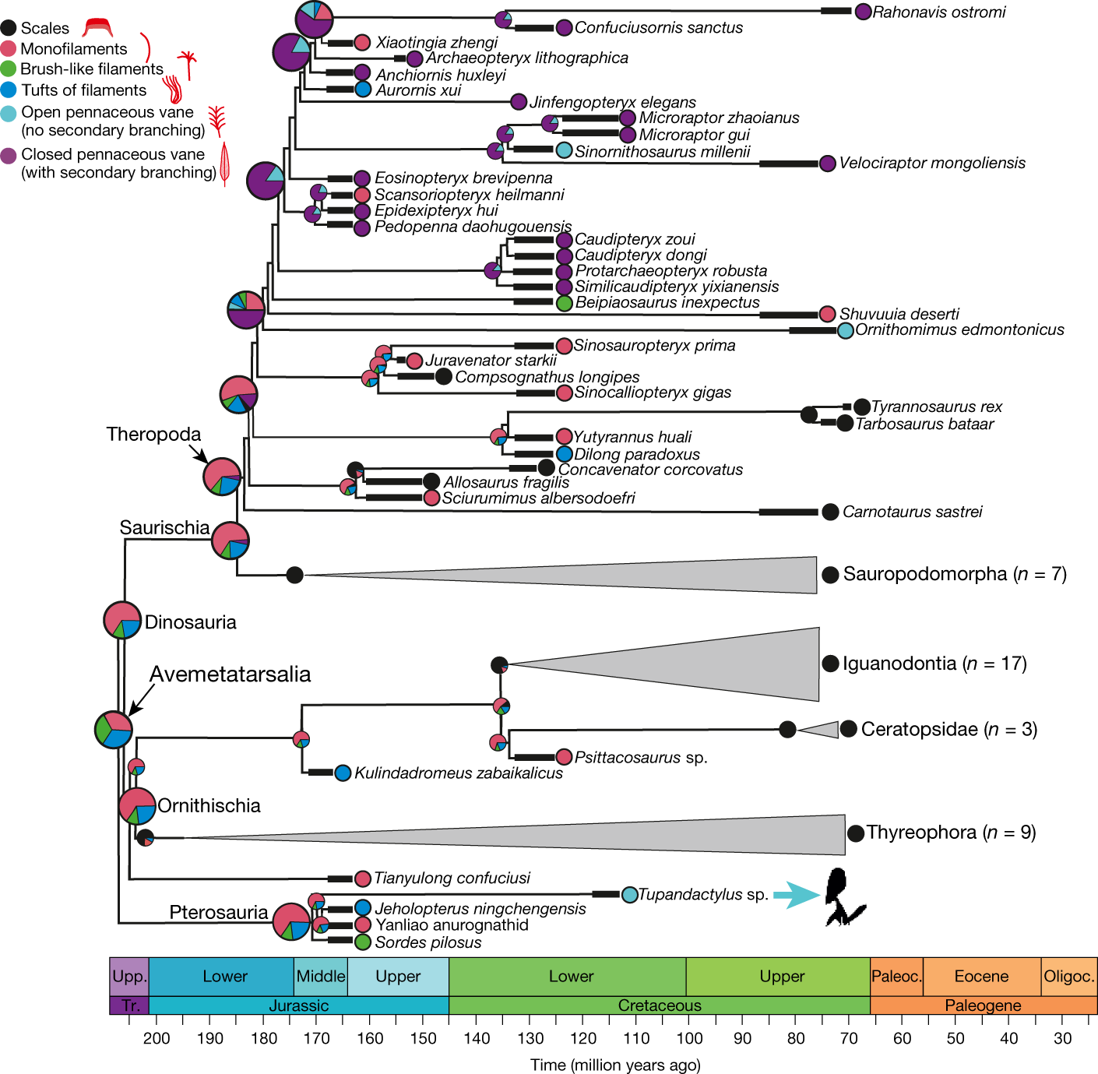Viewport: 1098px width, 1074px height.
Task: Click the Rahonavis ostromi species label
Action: [938, 12]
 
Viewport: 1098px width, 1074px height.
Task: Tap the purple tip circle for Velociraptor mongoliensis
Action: [828, 164]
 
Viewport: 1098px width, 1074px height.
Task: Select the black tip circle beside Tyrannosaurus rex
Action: [861, 407]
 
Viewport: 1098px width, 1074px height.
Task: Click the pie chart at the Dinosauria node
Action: [122, 621]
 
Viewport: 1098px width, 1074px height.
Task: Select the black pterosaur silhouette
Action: [843, 896]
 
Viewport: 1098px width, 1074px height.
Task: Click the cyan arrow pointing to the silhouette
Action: [798, 895]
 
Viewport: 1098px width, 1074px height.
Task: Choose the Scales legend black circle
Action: [9, 29]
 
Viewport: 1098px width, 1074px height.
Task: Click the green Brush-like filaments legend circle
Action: [9, 69]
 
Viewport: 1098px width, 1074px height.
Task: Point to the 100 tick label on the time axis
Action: [689, 1038]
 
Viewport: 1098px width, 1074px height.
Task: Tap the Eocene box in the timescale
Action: [981, 977]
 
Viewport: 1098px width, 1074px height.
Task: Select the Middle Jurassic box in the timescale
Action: [321, 977]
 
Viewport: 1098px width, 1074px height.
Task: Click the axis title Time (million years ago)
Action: [615, 1065]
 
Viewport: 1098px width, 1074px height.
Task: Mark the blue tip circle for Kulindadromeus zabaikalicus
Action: [343, 773]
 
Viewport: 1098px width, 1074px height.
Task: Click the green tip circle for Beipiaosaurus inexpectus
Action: [565, 303]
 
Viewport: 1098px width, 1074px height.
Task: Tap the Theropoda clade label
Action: [153, 435]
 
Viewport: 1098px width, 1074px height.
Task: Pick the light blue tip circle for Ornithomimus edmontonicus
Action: [846, 330]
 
